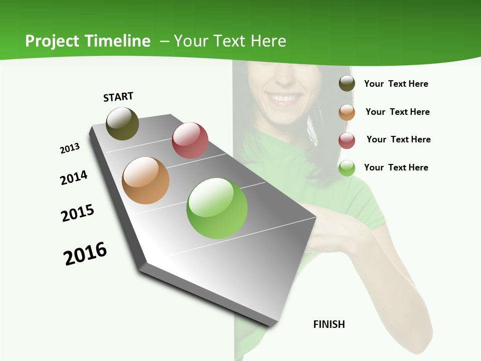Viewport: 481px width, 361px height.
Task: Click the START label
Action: tap(118, 97)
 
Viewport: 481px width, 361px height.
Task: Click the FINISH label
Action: tap(329, 324)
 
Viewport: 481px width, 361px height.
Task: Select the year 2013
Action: tap(70, 148)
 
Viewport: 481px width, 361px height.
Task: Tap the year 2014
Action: tap(74, 178)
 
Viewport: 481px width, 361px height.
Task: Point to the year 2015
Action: tap(78, 213)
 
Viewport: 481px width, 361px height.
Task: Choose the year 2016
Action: tap(85, 254)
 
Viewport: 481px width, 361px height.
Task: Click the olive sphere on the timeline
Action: tap(122, 123)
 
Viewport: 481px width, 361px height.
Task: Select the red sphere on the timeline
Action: tap(190, 140)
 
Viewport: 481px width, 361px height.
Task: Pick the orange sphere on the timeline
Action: tap(146, 180)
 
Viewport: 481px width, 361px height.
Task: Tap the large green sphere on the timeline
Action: tap(217, 208)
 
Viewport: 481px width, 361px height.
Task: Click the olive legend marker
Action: tap(347, 84)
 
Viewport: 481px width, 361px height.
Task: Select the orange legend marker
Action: tap(347, 112)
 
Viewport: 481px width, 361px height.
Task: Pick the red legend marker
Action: tap(347, 140)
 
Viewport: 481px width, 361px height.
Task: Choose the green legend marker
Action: tap(347, 168)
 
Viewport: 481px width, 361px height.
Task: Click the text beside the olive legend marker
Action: tap(396, 84)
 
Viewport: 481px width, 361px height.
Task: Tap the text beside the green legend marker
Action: tap(396, 167)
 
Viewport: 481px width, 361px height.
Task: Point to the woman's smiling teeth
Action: tap(284, 99)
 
